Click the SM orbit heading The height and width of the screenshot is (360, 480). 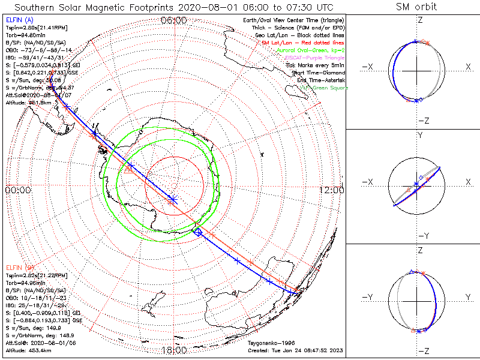coord(416,7)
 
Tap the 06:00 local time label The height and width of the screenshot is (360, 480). coord(174,20)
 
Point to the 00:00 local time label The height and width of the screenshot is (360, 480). coord(17,190)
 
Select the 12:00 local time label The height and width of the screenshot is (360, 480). coord(332,190)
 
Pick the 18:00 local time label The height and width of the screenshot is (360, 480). coord(174,350)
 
